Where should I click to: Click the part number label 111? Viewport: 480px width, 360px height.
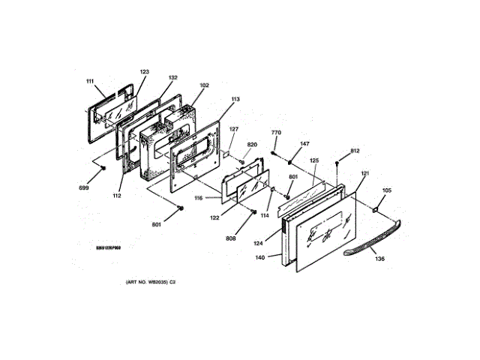[90, 81]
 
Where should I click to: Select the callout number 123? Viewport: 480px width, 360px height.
[145, 72]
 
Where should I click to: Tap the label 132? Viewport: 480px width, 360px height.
[173, 78]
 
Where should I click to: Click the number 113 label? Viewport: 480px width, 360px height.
[235, 99]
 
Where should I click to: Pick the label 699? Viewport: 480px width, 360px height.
[84, 187]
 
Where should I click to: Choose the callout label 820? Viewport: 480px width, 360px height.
[252, 144]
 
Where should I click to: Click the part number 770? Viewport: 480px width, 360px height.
[276, 133]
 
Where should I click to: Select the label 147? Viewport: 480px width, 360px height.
[305, 143]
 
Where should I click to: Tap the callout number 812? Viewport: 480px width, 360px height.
[355, 151]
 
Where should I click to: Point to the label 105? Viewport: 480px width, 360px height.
[387, 190]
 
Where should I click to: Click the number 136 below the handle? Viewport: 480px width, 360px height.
[379, 259]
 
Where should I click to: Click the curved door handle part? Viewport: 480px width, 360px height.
[375, 238]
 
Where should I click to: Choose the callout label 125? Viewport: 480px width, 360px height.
[314, 160]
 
